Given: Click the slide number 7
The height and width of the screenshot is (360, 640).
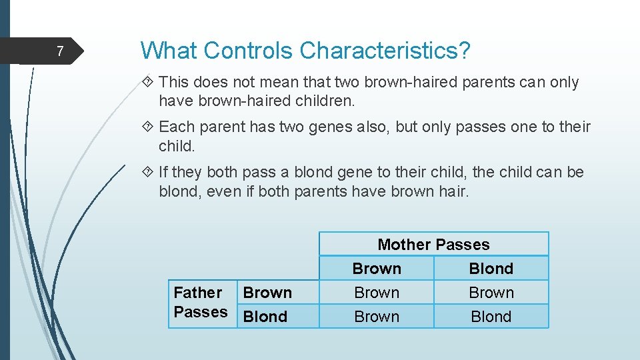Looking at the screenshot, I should point(60,51).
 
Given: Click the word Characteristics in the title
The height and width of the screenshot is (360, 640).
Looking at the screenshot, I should point(385,50).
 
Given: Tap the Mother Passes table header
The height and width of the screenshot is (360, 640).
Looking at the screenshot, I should point(433,245).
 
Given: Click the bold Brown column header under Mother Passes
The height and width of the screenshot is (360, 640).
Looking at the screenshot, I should point(377,269).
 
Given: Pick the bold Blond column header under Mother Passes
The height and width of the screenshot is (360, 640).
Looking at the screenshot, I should point(491,269).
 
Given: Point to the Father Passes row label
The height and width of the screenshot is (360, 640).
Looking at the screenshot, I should point(200,302).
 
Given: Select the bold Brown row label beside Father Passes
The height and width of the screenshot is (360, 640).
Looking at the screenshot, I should point(267,293).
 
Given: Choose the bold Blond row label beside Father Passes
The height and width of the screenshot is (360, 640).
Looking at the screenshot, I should point(265,317).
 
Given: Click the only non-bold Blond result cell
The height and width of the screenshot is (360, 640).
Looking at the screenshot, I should point(491,317).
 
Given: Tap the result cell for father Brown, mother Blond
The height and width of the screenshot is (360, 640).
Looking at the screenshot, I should point(491,293).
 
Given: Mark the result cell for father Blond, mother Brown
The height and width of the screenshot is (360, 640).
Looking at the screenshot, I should point(377,317).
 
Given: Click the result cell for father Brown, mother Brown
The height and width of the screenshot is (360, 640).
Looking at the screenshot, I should point(377,293).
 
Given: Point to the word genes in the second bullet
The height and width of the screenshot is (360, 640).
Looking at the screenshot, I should point(331,127).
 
